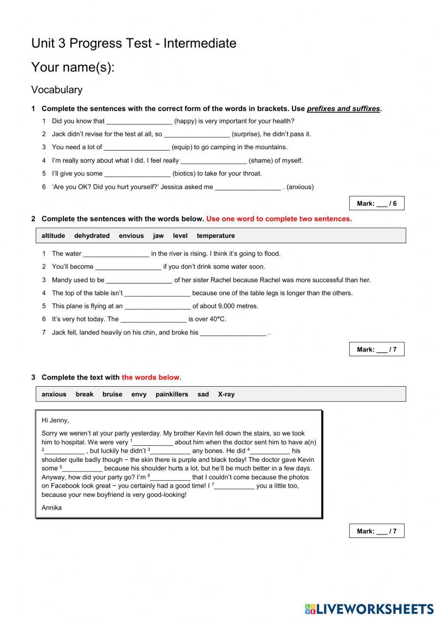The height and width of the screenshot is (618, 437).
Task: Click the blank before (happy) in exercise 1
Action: pyautogui.click(x=139, y=121)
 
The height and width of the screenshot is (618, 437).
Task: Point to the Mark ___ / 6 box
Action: pyautogui.click(x=376, y=203)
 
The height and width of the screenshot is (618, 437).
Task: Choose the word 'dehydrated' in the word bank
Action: pyautogui.click(x=92, y=236)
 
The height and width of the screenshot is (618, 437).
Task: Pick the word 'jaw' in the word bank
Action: pyautogui.click(x=158, y=236)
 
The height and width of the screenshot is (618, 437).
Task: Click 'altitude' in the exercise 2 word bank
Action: pyautogui.click(x=53, y=236)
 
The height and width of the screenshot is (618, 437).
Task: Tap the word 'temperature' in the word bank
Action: pyautogui.click(x=215, y=236)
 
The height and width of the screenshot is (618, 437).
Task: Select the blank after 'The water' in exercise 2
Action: pyautogui.click(x=116, y=254)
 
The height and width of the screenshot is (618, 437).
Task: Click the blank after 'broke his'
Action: pyautogui.click(x=233, y=333)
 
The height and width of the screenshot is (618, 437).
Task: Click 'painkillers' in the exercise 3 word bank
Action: pyautogui.click(x=172, y=394)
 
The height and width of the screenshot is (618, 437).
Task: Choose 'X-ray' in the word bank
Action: pyautogui.click(x=226, y=394)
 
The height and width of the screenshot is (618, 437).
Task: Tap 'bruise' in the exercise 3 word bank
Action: pyautogui.click(x=112, y=394)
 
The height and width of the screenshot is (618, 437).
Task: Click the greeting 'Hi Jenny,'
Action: pyautogui.click(x=55, y=420)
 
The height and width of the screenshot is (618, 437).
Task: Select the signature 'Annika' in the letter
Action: pyautogui.click(x=52, y=508)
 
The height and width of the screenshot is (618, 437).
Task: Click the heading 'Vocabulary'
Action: pyautogui.click(x=57, y=90)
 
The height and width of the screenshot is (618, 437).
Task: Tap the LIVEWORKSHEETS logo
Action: pyautogui.click(x=369, y=608)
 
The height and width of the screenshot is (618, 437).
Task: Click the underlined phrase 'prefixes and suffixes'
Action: pyautogui.click(x=343, y=109)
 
